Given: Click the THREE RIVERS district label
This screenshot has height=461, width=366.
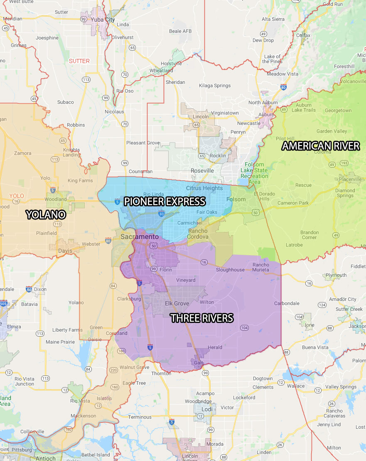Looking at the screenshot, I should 202,318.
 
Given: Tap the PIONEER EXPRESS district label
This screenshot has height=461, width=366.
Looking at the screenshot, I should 165,202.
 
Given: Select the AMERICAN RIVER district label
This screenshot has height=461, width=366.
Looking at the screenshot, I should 321,146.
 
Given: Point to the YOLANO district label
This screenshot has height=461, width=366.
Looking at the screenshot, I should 46,215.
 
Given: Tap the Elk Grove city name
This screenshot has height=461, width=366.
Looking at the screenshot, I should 177,303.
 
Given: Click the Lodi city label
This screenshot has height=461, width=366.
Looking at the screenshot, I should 207,409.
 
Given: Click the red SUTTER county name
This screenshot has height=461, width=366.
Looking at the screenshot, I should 79,61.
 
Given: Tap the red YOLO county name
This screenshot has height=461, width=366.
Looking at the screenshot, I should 17,196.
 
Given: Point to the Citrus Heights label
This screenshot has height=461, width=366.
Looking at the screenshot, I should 204,188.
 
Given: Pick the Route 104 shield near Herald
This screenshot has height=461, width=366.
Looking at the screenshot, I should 244,328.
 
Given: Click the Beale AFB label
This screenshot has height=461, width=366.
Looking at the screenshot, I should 181,31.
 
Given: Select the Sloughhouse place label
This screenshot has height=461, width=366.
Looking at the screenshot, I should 230,270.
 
